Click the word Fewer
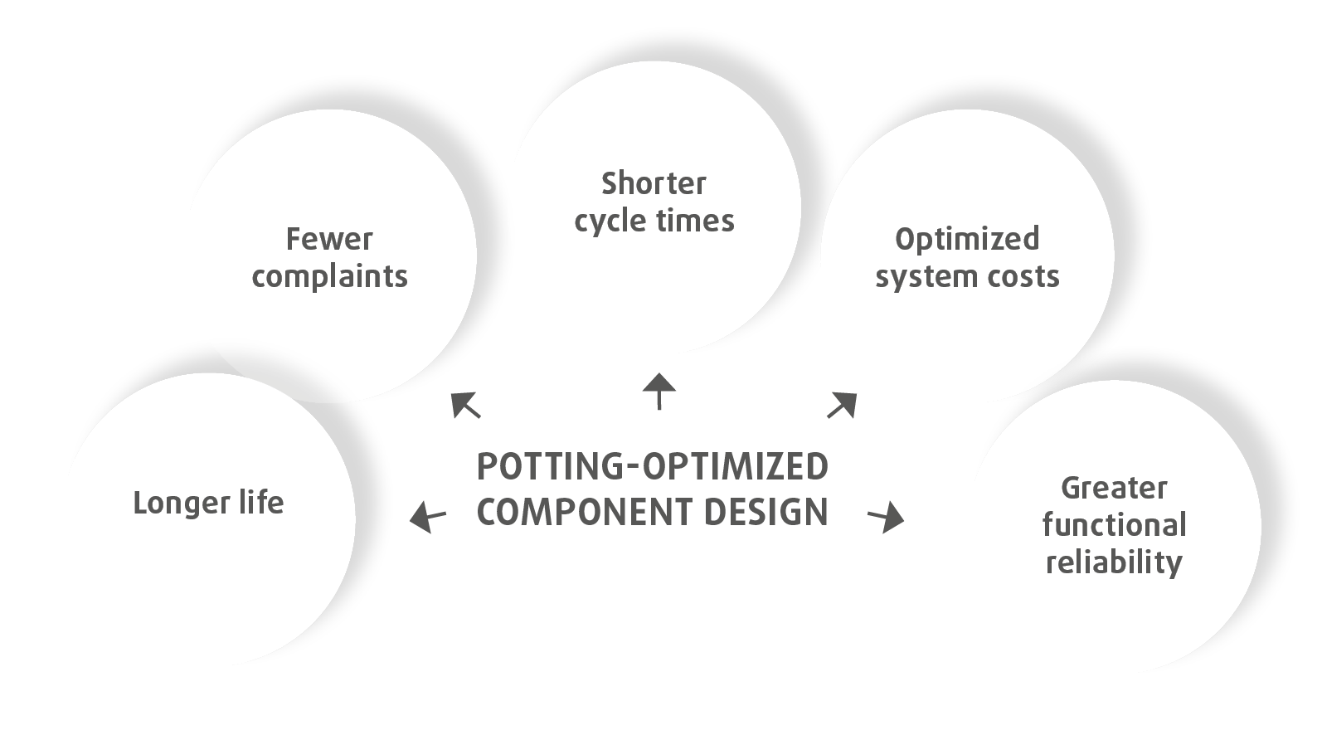329,240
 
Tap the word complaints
330,276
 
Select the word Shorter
654,183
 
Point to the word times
696,221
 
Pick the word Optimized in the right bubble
967,240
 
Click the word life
258,503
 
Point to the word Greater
1114,488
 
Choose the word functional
1114,525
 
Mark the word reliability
1114,562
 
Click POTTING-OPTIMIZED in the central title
653,467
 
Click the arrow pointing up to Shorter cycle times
659,391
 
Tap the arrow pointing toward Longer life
428,517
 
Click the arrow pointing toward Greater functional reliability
887,518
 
